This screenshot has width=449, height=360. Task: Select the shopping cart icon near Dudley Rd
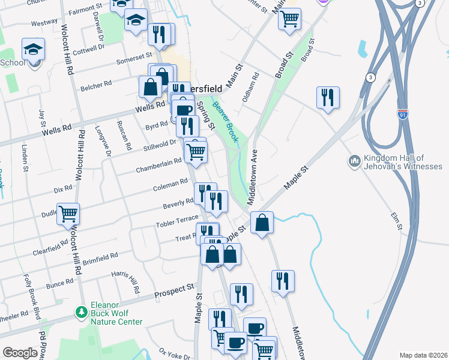68,214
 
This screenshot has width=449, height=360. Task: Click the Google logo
20,353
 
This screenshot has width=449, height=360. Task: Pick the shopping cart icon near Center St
289,19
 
